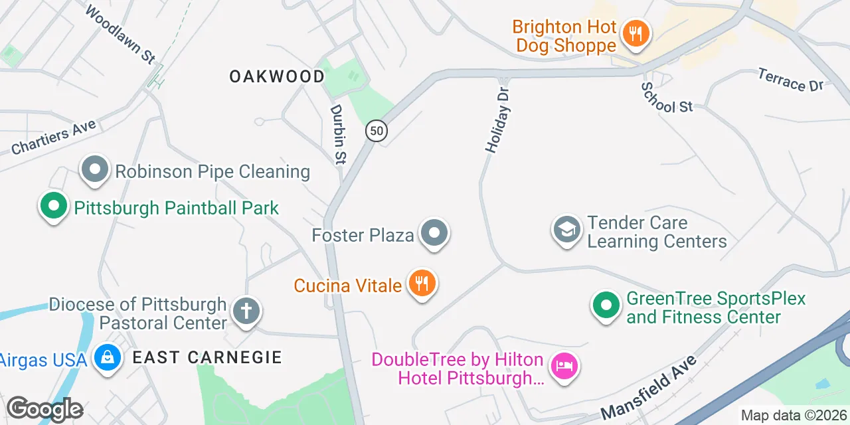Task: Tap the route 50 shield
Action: pyautogui.click(x=377, y=131)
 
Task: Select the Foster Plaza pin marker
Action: pyautogui.click(x=436, y=233)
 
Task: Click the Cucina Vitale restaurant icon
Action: pyautogui.click(x=421, y=284)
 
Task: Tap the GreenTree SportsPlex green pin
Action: pyautogui.click(x=606, y=306)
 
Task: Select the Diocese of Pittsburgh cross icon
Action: pyautogui.click(x=246, y=311)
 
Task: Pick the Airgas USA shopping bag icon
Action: pyautogui.click(x=107, y=359)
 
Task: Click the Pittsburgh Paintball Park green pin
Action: pyautogui.click(x=53, y=206)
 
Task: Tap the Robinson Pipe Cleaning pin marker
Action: pyautogui.click(x=95, y=170)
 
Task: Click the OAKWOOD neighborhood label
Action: pyautogui.click(x=277, y=76)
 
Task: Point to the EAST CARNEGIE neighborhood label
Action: pyautogui.click(x=207, y=357)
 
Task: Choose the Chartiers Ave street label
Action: pyautogui.click(x=54, y=137)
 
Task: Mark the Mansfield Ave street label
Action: pyautogui.click(x=649, y=386)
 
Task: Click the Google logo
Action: pyautogui.click(x=44, y=410)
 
